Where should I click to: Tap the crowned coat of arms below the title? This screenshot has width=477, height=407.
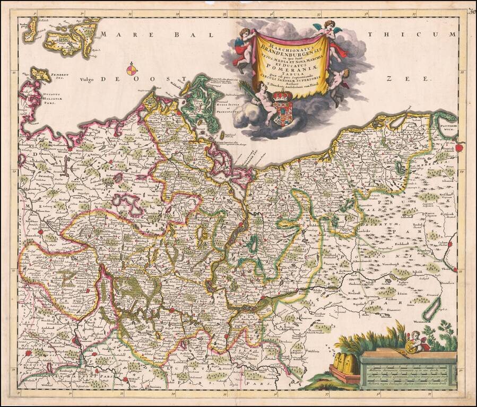coord(283,109)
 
